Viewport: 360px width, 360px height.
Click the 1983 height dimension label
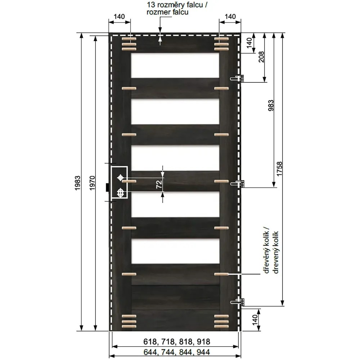pos(78,183)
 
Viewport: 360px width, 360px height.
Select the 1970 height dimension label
pos(92,183)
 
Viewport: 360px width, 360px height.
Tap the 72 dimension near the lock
pos(159,185)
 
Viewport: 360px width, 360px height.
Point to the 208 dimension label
pos(261,57)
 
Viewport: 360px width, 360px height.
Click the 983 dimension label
pos(271,105)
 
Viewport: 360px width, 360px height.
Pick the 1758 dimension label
pos(279,169)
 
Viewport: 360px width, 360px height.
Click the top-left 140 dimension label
pos(119,17)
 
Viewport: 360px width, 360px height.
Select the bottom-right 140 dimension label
pos(255,320)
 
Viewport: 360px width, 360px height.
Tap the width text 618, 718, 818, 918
pos(176,342)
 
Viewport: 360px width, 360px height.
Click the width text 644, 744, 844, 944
pos(176,352)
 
